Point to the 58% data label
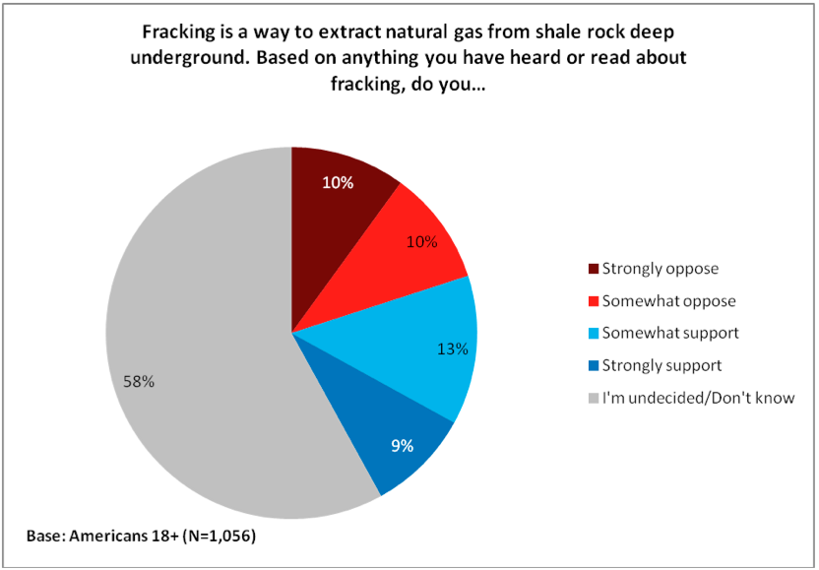point(138,382)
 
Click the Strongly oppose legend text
point(660,269)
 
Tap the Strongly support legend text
point(663,365)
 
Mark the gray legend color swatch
point(593,398)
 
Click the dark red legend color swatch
point(593,269)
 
